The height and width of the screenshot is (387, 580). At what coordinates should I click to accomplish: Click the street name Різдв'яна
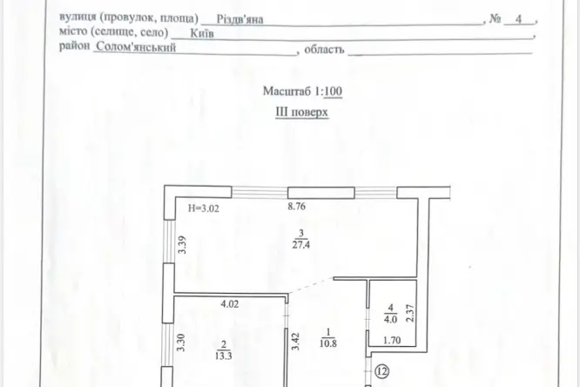point(239,19)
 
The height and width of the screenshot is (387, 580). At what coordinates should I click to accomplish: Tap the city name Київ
point(202,34)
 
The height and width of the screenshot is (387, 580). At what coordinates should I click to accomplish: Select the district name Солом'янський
point(136,47)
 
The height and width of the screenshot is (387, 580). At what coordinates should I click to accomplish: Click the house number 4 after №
point(518,19)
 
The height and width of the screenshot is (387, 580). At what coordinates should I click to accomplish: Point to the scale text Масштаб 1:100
point(302,92)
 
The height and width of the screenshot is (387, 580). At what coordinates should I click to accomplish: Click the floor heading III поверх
point(301,112)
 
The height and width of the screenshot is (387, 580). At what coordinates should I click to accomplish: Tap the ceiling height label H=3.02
point(204,208)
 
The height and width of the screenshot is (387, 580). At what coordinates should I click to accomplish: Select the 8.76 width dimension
point(297,206)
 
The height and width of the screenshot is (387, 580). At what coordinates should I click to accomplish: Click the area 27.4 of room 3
point(301,245)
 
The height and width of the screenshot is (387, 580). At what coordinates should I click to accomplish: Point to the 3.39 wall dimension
point(182,245)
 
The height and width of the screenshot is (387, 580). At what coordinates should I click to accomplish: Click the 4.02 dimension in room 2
point(230,304)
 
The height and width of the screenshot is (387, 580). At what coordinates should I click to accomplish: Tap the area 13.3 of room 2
point(223,356)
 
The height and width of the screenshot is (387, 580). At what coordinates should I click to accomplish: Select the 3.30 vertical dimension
point(180,343)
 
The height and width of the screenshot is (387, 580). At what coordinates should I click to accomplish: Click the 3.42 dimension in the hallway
point(295,341)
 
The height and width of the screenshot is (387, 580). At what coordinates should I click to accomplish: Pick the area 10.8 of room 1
point(328,343)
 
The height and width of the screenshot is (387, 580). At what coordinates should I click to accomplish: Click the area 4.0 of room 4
point(391,319)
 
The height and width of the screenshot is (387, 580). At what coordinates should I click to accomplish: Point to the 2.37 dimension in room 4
point(410,313)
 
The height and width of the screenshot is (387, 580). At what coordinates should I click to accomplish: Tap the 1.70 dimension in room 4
point(392,340)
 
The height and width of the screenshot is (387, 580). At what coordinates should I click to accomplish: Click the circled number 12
point(382,371)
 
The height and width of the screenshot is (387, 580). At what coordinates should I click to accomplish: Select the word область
point(324,49)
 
